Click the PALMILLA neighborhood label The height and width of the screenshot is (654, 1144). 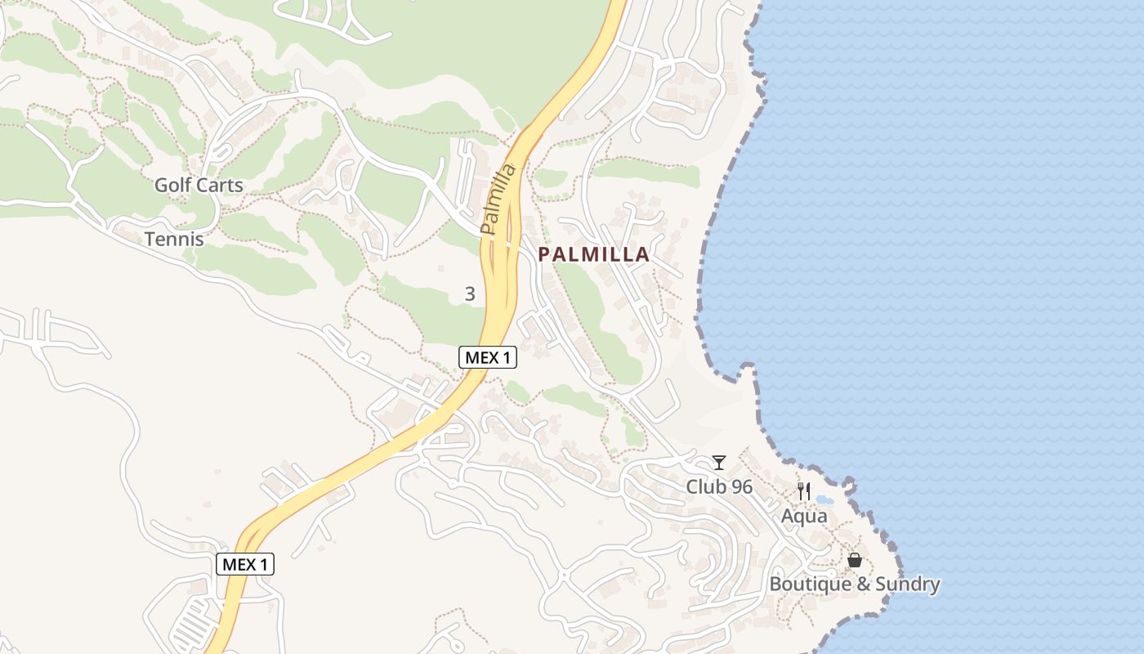click(x=593, y=255)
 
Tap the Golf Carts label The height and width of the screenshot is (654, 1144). click(x=199, y=186)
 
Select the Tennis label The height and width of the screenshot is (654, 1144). click(x=174, y=240)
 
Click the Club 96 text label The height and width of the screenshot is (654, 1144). click(x=719, y=487)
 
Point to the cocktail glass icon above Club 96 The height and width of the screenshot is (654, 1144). click(x=718, y=463)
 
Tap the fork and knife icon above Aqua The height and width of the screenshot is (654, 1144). click(x=804, y=491)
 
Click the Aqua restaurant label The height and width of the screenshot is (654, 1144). click(x=804, y=517)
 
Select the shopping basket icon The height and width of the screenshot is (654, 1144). click(x=854, y=560)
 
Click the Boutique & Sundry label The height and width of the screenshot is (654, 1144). click(x=855, y=585)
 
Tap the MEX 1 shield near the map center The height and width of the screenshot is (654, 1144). click(x=488, y=357)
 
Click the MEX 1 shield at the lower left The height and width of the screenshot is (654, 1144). click(x=245, y=564)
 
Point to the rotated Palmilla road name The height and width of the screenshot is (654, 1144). click(x=498, y=199)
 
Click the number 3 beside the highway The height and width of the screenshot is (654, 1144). click(x=470, y=294)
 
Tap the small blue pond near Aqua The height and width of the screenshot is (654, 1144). click(x=824, y=499)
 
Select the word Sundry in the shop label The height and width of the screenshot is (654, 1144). click(x=907, y=585)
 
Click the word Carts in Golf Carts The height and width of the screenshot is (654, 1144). click(x=221, y=186)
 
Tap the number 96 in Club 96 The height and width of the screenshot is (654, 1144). click(x=742, y=487)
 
